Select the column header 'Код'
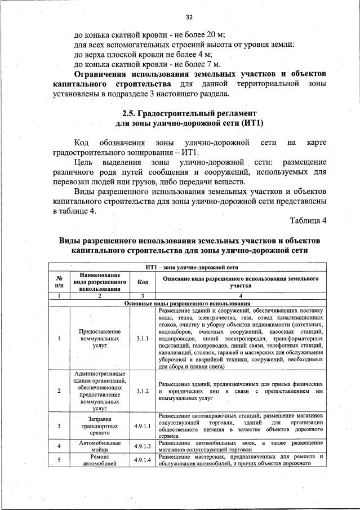(142, 282)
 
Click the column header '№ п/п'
(59, 282)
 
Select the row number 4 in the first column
(59, 446)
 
